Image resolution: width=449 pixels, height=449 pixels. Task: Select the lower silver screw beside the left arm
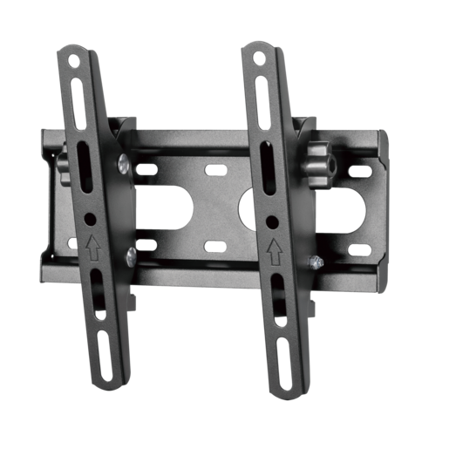click(x=131, y=254)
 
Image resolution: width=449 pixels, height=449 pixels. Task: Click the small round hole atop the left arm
click(x=73, y=62)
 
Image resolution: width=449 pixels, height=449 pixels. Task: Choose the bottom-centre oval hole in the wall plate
click(x=213, y=248)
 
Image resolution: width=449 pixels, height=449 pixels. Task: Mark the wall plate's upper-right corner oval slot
click(x=357, y=172)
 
